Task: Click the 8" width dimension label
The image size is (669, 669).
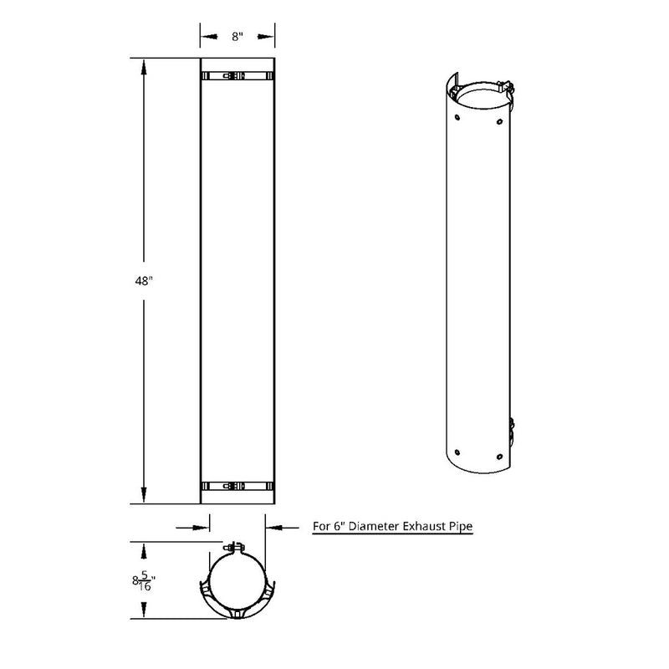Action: point(237,37)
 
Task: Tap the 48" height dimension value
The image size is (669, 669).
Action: point(144,282)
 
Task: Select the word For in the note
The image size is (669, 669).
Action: point(322,528)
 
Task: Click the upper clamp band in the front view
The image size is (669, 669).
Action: point(237,76)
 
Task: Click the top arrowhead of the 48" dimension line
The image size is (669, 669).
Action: point(144,65)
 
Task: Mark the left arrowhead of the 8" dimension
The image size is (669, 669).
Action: point(206,37)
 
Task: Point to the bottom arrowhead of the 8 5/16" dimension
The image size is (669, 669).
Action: point(145,610)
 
